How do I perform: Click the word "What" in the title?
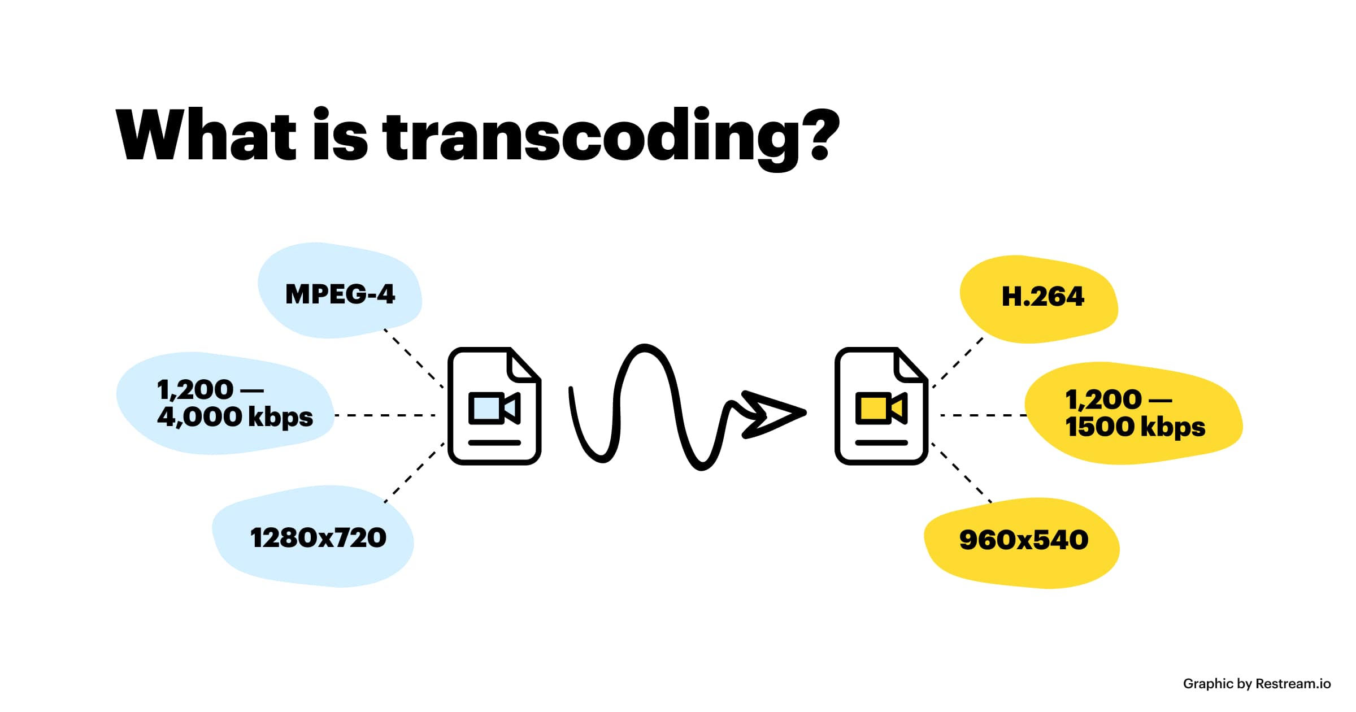pos(206,136)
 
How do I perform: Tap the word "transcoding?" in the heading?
pos(610,138)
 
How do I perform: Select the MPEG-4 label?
pos(340,294)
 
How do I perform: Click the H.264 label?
pos(1042,297)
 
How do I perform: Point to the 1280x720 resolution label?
pos(318,538)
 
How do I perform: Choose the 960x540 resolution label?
pos(1024,540)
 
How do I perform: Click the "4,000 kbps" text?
pos(234,418)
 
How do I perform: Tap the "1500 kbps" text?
pos(1135,427)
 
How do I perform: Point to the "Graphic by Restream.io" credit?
pos(1257,684)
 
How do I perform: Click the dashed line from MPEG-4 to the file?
pos(414,358)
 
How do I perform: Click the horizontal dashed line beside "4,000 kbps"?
pos(385,415)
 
